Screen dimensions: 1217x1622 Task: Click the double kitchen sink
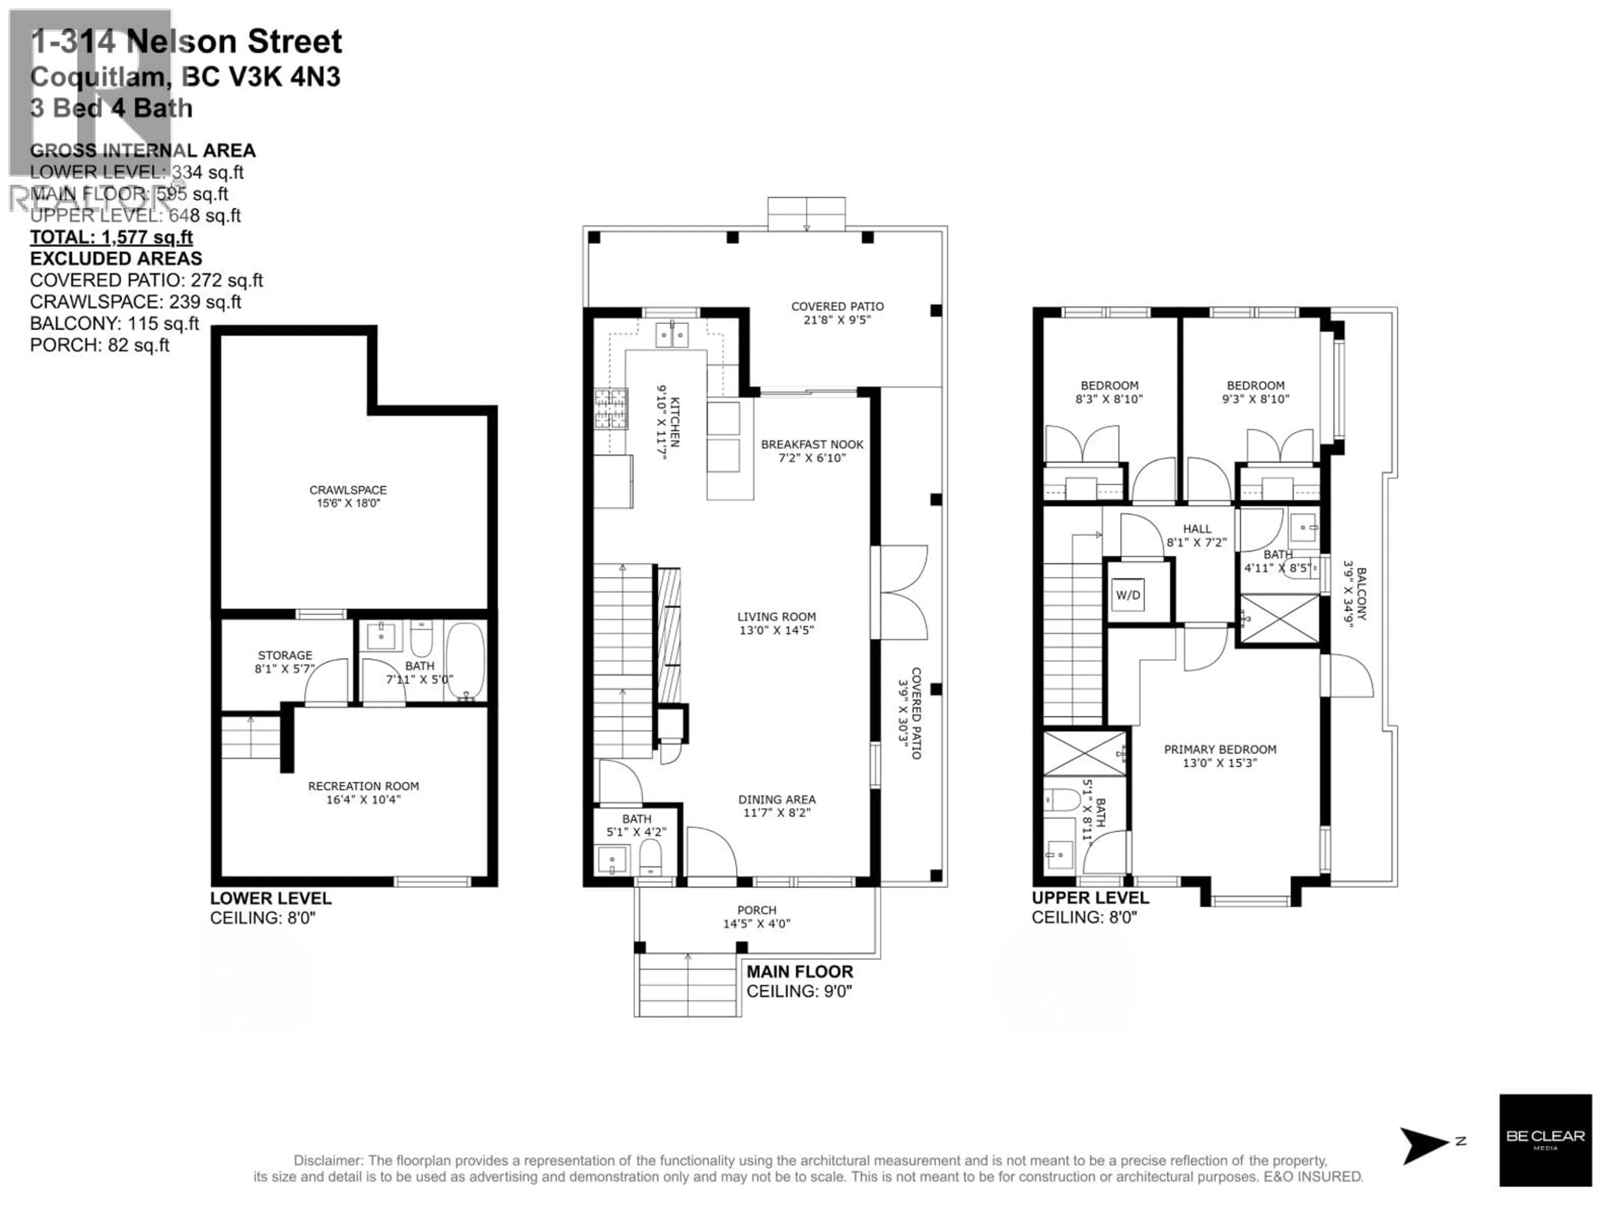point(672,335)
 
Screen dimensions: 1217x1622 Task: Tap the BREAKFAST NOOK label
point(812,445)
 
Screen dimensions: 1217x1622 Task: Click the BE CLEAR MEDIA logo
point(1545,1140)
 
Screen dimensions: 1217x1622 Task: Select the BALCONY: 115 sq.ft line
point(114,324)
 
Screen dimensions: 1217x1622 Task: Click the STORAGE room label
point(285,655)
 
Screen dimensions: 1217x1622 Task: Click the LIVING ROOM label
point(776,617)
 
